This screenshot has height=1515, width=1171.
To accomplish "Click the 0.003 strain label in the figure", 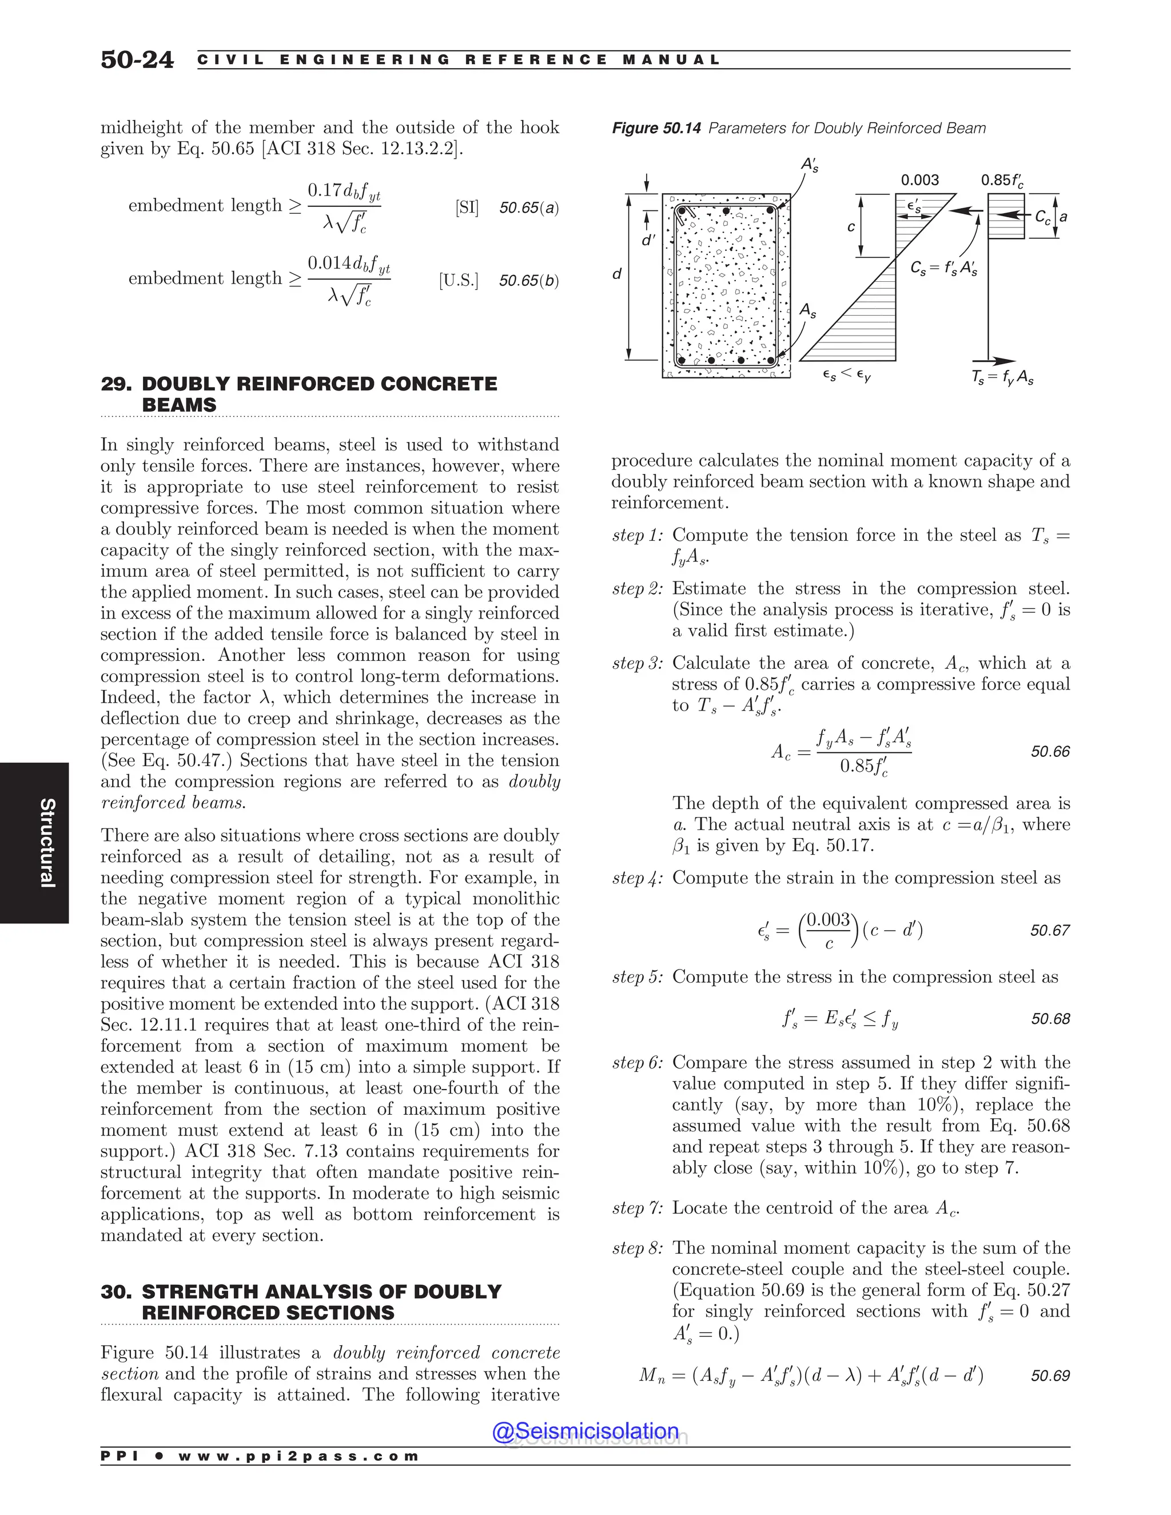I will pos(919,180).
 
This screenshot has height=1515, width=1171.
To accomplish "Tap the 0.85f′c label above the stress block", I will pos(1002,180).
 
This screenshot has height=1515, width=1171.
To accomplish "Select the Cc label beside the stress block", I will pos(1042,217).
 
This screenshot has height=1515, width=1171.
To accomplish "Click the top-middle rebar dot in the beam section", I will pos(726,210).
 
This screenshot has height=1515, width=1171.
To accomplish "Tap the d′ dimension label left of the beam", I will pos(648,241).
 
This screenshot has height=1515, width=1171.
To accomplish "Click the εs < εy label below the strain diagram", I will pos(846,376).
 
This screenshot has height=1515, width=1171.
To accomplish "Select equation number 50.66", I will pos(1050,751).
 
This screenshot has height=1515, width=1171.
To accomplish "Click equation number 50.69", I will pos(1050,1376).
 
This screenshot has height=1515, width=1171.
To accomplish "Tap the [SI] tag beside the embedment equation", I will pos(467,208).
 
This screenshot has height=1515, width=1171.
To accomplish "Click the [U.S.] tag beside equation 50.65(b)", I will pos(458,281).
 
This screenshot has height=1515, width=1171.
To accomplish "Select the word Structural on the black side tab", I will pos(46,843).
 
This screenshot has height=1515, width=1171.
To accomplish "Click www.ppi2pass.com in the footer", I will pos(298,1456).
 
